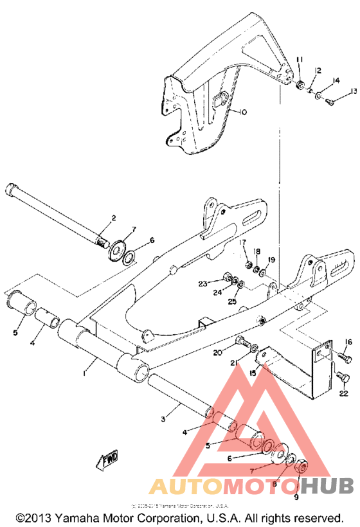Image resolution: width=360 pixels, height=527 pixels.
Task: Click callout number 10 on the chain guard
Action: pos(242,112)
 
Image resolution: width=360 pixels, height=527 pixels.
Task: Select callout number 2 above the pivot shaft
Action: pos(113,219)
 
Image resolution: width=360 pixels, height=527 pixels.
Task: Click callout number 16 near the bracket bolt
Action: pos(348,341)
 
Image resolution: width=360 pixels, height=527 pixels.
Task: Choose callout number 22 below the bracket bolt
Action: pos(344,393)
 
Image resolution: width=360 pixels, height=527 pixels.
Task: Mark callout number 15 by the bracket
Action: pos(253,373)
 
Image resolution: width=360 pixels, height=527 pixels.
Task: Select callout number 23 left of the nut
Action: pos(203,283)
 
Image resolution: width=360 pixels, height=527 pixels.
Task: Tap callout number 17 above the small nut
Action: pos(243,242)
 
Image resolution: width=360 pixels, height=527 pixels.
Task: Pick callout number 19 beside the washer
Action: pos(271,260)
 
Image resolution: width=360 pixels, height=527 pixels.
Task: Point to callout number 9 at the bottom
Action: pos(297,497)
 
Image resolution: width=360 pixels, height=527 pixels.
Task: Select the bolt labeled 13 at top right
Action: pos(331,100)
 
